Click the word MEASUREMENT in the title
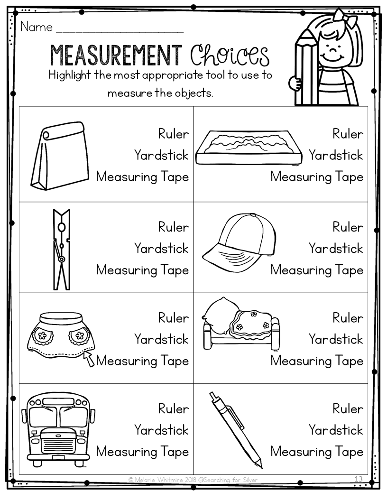coord(116,56)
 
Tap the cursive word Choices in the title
coord(230,56)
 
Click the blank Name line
coord(120,29)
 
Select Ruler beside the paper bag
coord(173,134)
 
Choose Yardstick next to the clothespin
coord(161,248)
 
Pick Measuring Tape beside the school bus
coord(142,451)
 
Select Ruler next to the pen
coord(348,408)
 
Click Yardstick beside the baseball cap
coord(336,248)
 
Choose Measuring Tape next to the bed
coord(317,361)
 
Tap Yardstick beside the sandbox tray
coord(336,155)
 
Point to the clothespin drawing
coord(61,249)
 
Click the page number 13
coord(359,479)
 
